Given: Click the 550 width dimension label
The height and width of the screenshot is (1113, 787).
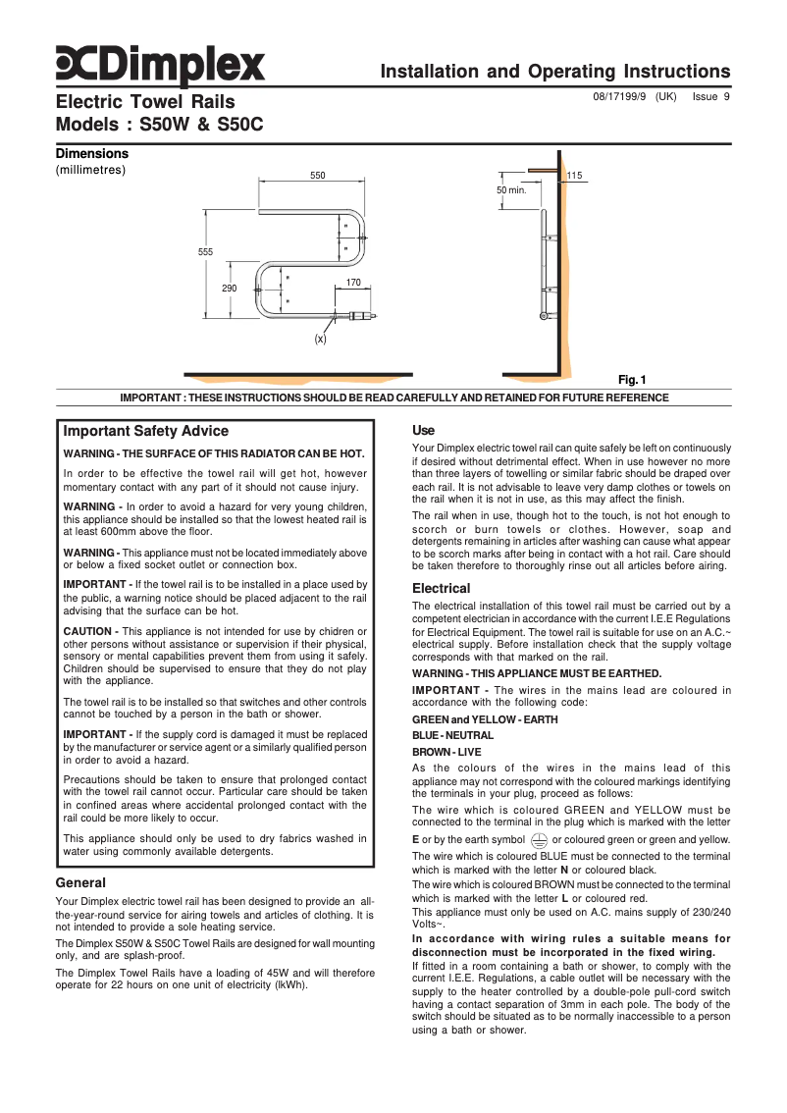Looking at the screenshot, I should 317,176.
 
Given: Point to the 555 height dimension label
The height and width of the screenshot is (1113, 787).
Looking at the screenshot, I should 205,252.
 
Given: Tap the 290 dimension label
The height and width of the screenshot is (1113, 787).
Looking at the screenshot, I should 229,288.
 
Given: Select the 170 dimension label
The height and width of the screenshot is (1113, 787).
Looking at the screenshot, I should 353,283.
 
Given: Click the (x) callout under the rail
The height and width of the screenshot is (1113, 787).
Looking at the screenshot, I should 320,339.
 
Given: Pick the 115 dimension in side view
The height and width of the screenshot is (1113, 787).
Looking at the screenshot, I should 574,176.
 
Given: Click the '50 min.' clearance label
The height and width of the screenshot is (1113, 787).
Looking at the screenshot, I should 511,190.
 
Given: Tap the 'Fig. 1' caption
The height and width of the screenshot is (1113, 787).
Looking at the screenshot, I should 632,380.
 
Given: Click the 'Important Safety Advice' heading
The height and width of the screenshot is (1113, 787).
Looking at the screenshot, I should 145,431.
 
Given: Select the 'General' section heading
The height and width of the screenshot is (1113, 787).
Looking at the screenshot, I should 80,882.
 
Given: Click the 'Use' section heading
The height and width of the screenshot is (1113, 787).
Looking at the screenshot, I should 423,430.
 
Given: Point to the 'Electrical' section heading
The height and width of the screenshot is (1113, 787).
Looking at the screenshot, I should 441,588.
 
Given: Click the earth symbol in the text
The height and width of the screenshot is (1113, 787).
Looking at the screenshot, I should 538,839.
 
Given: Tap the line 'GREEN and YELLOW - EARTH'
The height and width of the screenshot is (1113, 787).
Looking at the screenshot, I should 485,719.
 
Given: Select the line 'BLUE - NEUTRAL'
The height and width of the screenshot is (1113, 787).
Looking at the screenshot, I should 452,735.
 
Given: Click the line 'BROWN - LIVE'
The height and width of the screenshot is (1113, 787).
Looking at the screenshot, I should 446,751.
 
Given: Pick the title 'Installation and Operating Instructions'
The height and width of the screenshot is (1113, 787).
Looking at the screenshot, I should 554,72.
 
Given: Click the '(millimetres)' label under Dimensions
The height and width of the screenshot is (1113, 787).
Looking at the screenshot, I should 90,170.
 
